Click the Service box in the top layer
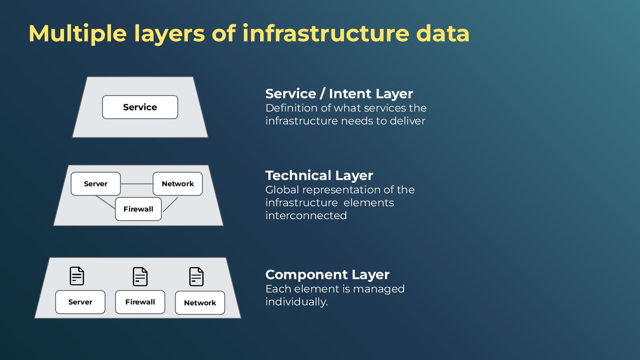[140, 107]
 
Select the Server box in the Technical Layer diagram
[96, 184]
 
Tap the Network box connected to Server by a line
[178, 184]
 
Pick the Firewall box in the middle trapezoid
[138, 209]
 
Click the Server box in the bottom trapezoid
[80, 302]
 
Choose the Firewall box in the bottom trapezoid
[140, 302]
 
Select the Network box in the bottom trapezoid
[200, 303]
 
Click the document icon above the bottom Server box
[77, 276]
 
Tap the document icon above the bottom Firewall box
[140, 276]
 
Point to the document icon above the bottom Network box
[196, 276]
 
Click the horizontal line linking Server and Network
[136, 184]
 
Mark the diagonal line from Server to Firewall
[105, 202]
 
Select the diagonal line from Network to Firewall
[171, 204]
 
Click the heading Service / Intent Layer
[339, 94]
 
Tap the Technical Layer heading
[319, 176]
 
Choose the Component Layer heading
[327, 274]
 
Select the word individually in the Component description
[296, 302]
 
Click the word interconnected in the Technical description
[306, 216]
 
